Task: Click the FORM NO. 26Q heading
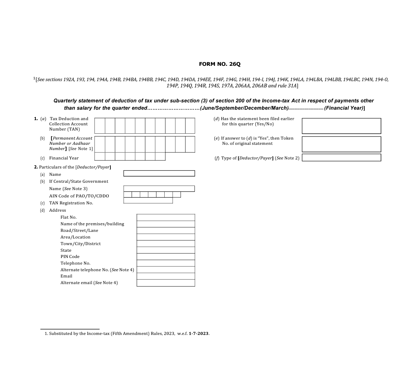pos(219,64)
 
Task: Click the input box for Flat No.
pos(166,217)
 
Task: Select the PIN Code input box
pos(166,257)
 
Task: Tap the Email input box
pos(166,276)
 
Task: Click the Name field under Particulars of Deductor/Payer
pos(159,173)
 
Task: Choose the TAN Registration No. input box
pos(148,201)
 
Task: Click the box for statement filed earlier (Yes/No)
pos(341,126)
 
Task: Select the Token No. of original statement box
pos(341,144)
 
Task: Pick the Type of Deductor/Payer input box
pos(341,158)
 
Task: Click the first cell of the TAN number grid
pos(100,126)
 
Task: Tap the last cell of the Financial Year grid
pos(160,156)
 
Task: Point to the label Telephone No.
pos(75,263)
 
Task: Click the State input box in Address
pos(166,250)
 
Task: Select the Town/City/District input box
pos(166,244)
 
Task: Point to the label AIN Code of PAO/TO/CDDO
pos(79,196)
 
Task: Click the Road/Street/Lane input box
pos(166,230)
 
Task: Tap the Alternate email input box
pos(166,283)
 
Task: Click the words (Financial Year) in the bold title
pos(343,108)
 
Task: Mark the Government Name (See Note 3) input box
pos(159,189)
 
